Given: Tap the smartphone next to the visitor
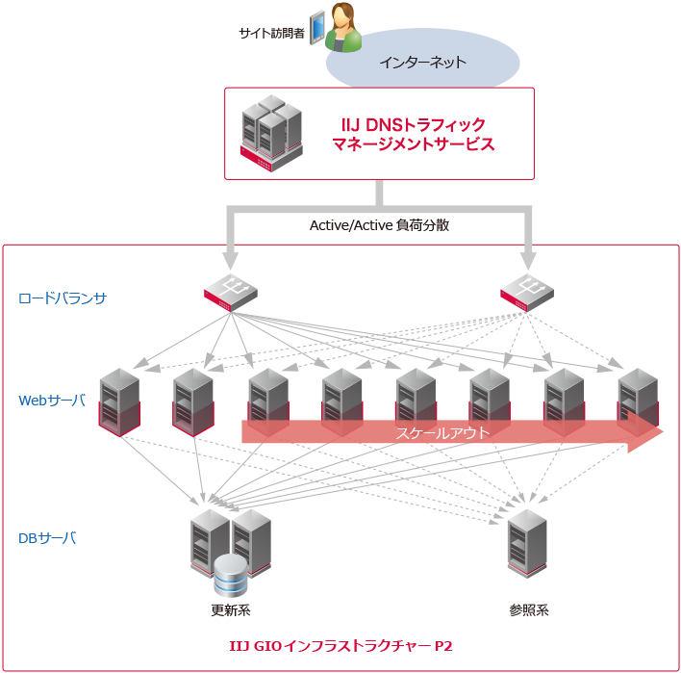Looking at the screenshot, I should tap(316, 26).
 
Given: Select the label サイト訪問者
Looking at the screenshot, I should tap(271, 34).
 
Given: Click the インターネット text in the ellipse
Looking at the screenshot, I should tap(422, 63).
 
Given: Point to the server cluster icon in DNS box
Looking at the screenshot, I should tap(271, 133).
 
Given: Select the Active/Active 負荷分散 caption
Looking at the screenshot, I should tap(379, 225).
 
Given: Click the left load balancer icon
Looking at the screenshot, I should tap(231, 290).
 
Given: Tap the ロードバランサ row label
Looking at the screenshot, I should tap(63, 298).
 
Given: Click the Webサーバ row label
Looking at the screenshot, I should tap(52, 400).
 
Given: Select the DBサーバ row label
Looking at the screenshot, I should tap(47, 537).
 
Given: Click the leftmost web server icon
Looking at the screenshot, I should tap(120, 401).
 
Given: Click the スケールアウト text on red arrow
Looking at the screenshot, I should tap(442, 433).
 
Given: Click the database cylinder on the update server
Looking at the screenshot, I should tap(231, 575).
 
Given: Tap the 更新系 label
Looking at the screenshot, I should tap(231, 609).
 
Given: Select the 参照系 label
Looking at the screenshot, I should tap(528, 609).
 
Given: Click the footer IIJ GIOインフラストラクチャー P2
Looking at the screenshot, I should tap(341, 646).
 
